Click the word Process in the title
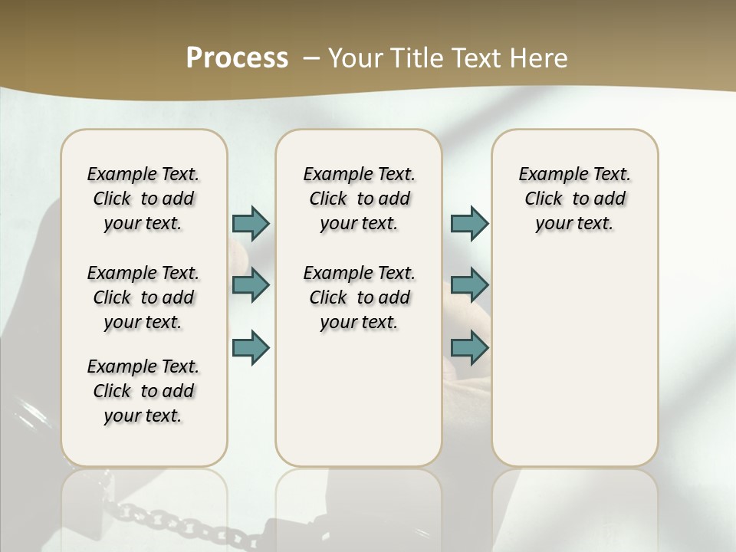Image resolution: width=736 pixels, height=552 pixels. point(237,58)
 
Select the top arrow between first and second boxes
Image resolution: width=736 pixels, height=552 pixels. point(251,223)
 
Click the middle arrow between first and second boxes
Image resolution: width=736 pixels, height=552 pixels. point(251,284)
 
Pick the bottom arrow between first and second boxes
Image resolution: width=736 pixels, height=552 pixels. point(251,347)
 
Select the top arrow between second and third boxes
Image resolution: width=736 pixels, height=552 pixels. point(469,223)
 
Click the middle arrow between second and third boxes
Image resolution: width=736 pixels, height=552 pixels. point(469,284)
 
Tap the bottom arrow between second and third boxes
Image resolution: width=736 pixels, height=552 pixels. point(469,347)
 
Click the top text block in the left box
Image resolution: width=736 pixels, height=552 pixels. point(143,199)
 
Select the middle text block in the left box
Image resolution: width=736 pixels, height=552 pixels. point(143,297)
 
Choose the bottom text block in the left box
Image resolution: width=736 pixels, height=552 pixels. point(143,391)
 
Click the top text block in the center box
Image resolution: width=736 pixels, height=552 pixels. point(359,199)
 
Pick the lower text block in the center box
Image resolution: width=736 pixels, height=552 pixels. point(359,297)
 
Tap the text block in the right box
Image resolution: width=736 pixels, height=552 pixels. point(574,199)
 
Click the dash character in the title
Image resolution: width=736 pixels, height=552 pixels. point(311,58)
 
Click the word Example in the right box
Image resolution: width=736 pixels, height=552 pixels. point(547,175)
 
